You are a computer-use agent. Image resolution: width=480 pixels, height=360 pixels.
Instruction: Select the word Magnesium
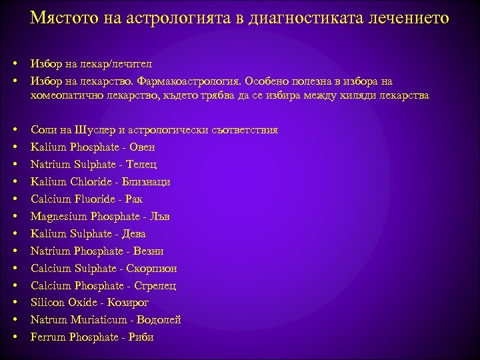tap(56, 217)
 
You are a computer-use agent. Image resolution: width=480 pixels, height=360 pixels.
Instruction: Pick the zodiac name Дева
tap(132, 234)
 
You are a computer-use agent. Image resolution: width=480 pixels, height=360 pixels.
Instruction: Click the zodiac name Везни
tap(148, 251)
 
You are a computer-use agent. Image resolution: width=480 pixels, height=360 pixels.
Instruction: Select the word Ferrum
tap(46, 338)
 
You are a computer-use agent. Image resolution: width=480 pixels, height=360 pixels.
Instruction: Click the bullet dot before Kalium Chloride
tap(14, 181)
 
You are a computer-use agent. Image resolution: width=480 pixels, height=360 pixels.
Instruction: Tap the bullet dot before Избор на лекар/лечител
tap(14, 63)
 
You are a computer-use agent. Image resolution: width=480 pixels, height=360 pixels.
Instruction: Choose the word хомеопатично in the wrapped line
tap(64, 96)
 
